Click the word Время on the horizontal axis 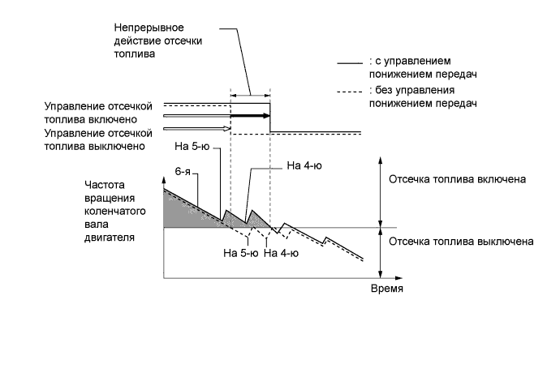(386, 289)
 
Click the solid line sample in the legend (351, 61)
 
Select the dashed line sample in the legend (351, 90)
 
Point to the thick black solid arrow (250, 116)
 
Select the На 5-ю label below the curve (240, 252)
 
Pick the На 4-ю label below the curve (281, 252)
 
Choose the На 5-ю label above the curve (192, 147)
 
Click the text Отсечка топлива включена (459, 178)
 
